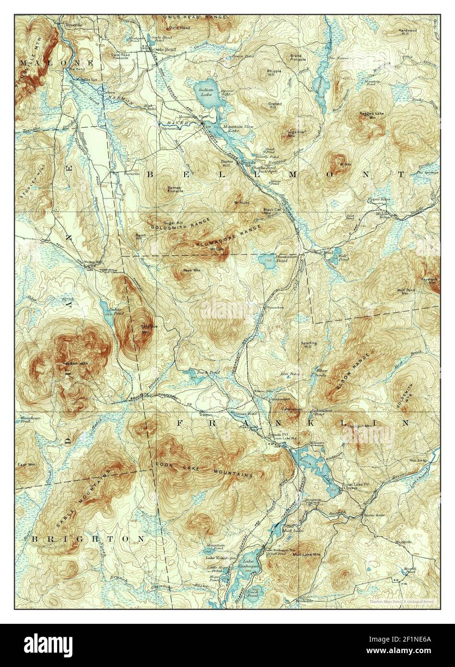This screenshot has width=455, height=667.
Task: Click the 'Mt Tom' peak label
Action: [214, 249]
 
